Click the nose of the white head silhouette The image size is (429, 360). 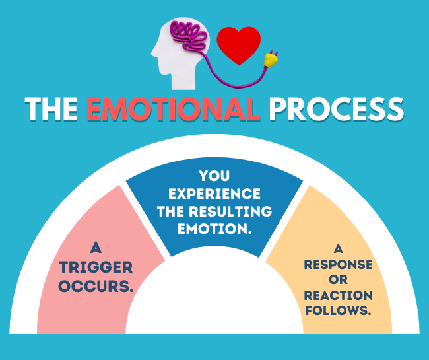point(153,54)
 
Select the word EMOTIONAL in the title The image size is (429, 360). point(174,109)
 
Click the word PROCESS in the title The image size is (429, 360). point(336,109)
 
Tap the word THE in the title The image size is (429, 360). point(51,109)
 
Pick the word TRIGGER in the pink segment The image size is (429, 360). point(96,268)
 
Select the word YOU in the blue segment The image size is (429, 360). point(214,176)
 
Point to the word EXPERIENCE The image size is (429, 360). point(214,194)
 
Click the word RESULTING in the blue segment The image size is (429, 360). point(230,211)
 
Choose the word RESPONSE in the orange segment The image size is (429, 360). point(339,264)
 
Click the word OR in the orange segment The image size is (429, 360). point(339,280)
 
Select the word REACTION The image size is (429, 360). point(339,295)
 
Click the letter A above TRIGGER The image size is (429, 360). point(96,248)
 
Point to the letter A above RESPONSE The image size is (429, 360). point(339,249)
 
